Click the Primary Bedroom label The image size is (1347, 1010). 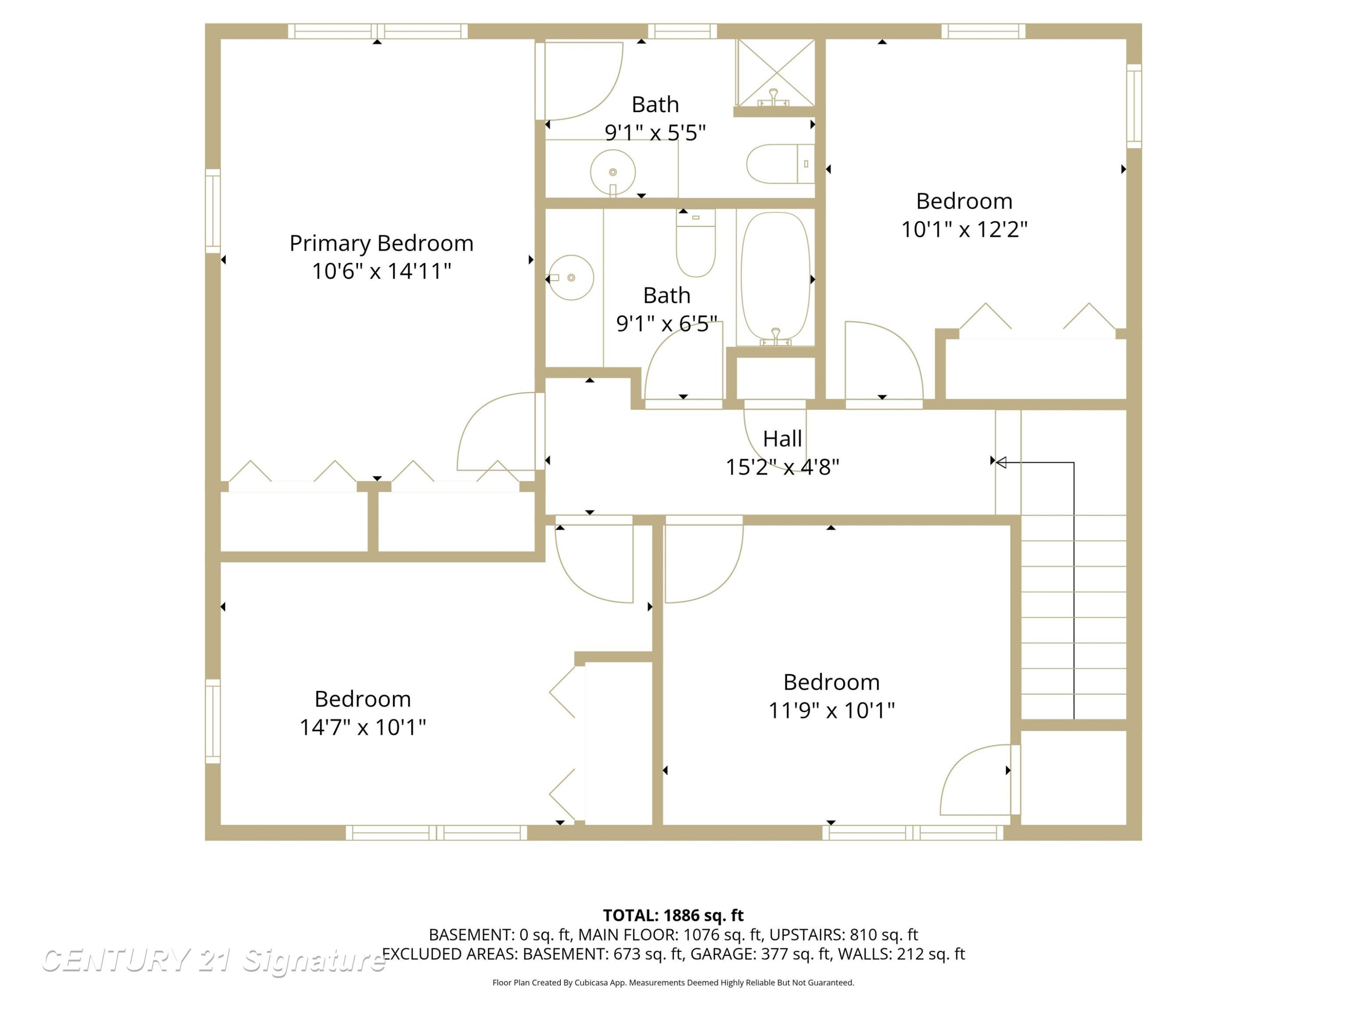coord(381,243)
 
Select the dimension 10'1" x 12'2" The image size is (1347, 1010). coord(964,229)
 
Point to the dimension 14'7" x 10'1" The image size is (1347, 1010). coord(362,727)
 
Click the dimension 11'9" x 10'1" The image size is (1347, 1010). coord(831,710)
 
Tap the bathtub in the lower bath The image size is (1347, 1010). coord(775,277)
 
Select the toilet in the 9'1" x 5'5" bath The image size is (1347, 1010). coord(780,164)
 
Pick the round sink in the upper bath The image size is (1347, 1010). coord(612,172)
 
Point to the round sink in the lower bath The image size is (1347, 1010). coord(571,277)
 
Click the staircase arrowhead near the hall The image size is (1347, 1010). coord(1000,463)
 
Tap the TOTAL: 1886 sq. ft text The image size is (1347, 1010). coord(673,915)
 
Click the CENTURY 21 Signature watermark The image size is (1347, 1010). coord(213,961)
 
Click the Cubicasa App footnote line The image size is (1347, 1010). coord(673,983)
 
